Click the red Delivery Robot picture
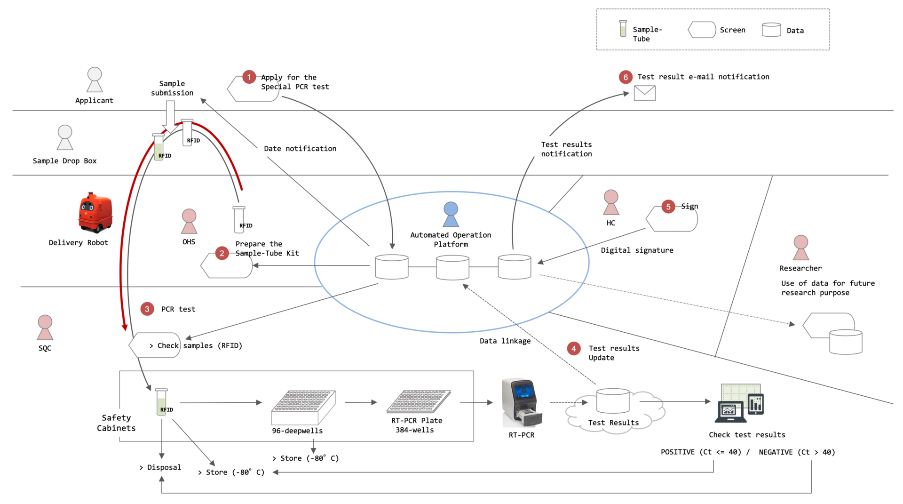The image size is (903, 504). pos(95,213)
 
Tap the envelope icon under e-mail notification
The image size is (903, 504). pos(644,93)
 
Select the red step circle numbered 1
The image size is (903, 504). pos(249,77)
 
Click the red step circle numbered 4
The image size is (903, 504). pos(573,349)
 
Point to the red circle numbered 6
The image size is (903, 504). pos(625,77)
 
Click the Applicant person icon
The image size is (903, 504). pos(95,80)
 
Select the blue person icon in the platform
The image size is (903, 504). pos(451,215)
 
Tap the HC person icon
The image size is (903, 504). pos(611,202)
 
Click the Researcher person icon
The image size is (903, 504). pos(800,248)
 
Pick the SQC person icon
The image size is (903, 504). pos(45,328)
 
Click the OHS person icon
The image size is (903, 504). pos(189,221)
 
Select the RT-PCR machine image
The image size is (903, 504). pos(522,402)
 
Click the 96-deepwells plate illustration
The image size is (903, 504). pos(303,407)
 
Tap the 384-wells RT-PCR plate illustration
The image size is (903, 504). pos(419,401)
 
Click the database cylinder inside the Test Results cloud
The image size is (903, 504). pos(613,400)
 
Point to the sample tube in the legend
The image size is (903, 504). pos(623,29)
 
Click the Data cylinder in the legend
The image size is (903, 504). pos(771,30)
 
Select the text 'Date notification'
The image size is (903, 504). pos(300,149)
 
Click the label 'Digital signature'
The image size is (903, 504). pos(637,250)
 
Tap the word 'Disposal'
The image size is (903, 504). pos(164,467)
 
